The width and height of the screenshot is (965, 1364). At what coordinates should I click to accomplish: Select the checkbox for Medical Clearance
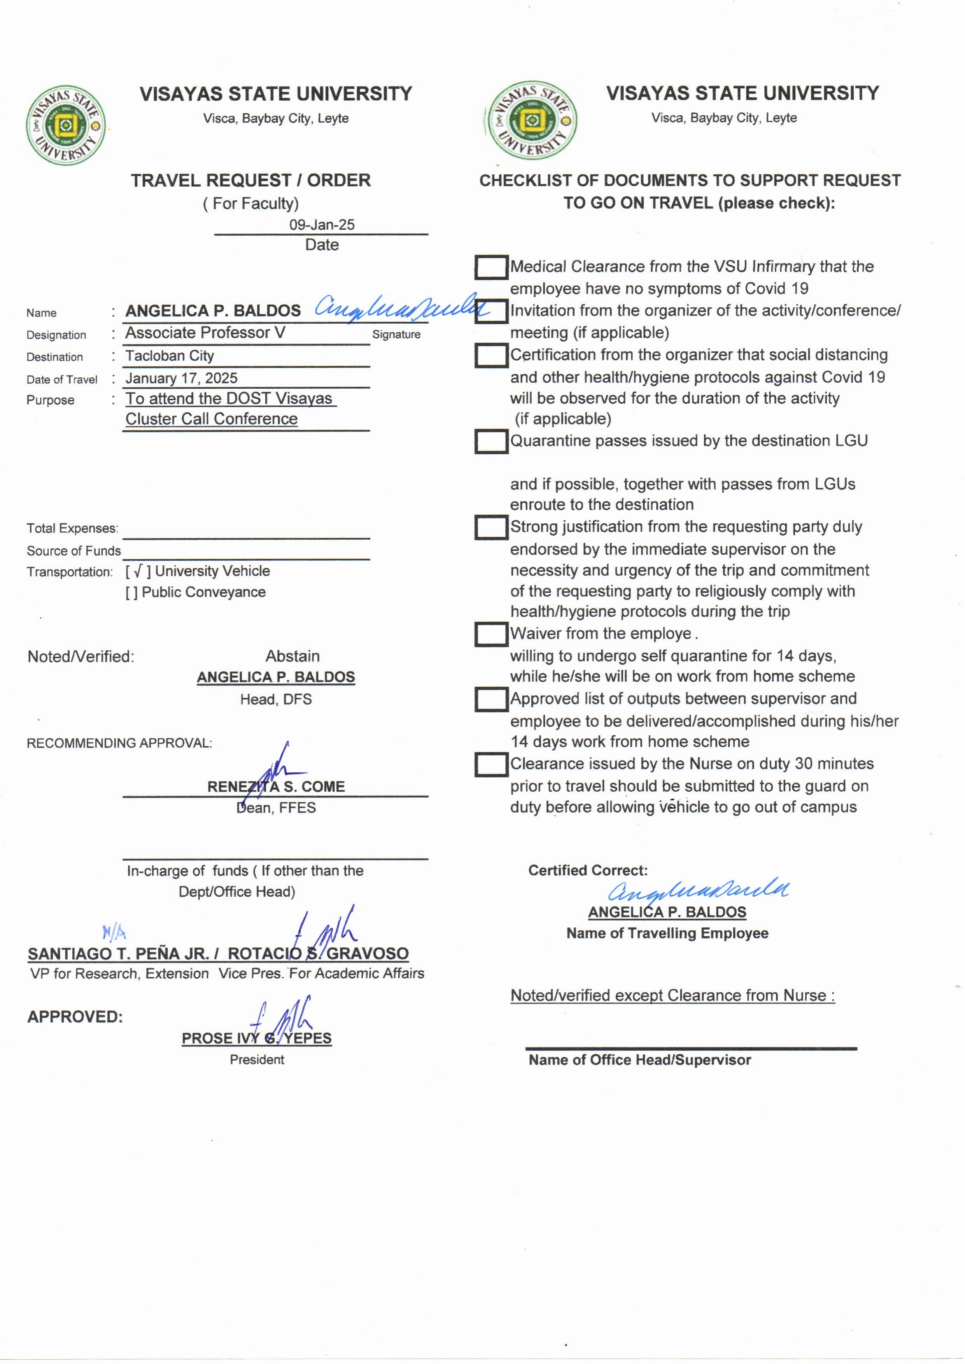[491, 267]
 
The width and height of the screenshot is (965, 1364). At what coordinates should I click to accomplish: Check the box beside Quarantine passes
[491, 442]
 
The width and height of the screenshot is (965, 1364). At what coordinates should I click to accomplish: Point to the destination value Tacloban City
[169, 356]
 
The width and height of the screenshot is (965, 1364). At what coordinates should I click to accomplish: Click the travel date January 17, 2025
[181, 379]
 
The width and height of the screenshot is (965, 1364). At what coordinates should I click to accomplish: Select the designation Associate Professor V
[205, 333]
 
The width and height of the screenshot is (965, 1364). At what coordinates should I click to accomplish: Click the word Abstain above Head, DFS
[292, 656]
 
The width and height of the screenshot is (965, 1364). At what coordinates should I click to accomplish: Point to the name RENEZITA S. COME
[276, 787]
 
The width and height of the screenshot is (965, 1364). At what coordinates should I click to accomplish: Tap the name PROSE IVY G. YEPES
[257, 1038]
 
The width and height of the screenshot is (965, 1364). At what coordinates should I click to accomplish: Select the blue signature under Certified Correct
[698, 890]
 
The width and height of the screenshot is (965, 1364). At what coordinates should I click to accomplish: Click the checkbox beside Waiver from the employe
[491, 634]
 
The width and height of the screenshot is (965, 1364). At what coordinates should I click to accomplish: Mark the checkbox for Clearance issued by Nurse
[491, 764]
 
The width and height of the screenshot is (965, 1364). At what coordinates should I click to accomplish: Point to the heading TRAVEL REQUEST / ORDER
[251, 180]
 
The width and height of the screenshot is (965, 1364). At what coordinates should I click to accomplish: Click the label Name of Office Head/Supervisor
[639, 1060]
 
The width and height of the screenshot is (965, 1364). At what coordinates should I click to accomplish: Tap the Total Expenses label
[72, 528]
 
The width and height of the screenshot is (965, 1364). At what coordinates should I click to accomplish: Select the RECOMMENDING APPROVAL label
[119, 743]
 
